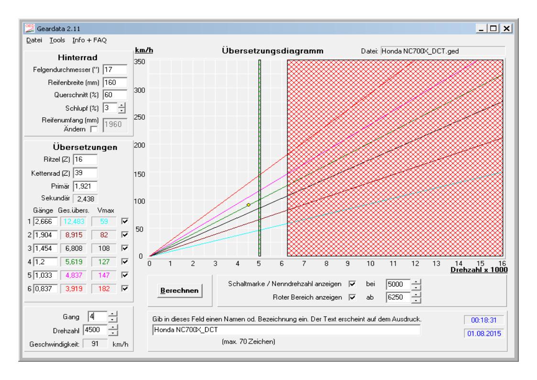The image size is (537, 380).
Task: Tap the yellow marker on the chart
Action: pos(249,204)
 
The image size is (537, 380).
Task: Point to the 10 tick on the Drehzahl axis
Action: pos(370,263)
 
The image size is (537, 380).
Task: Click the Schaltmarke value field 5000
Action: pos(397,284)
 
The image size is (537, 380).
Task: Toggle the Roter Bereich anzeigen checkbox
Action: pos(352,298)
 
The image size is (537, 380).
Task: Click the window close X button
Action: pos(506,29)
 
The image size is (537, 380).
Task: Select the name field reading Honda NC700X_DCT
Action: pos(286,330)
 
